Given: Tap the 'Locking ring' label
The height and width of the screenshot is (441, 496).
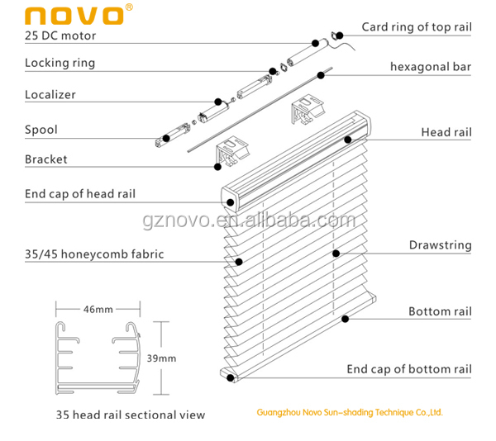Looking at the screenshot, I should (x=60, y=63).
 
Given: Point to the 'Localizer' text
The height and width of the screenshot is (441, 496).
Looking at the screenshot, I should (x=50, y=94).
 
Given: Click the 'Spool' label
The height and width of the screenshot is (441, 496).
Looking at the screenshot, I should (x=41, y=130).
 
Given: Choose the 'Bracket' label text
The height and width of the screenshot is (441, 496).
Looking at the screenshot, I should (x=46, y=159).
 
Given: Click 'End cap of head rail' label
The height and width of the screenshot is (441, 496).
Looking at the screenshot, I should (x=80, y=194).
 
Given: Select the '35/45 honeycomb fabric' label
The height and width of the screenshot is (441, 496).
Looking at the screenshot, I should (x=94, y=254).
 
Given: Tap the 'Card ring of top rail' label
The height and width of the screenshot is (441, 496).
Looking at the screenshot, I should (x=417, y=27).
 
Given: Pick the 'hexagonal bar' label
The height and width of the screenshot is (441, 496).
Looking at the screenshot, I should (x=431, y=66).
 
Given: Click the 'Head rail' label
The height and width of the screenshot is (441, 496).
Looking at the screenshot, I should (x=446, y=132).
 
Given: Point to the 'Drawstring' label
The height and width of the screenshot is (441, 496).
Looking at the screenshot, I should (x=440, y=245).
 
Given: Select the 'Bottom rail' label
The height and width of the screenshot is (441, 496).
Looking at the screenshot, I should (x=440, y=311).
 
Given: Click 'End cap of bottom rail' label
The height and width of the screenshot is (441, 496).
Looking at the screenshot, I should (x=408, y=369).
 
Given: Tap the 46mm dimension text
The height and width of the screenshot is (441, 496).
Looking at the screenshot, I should (x=98, y=310).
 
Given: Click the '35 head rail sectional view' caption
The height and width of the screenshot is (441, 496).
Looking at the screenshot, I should (x=131, y=415).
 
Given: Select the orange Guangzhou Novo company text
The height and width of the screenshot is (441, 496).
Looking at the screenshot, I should (x=350, y=412).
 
